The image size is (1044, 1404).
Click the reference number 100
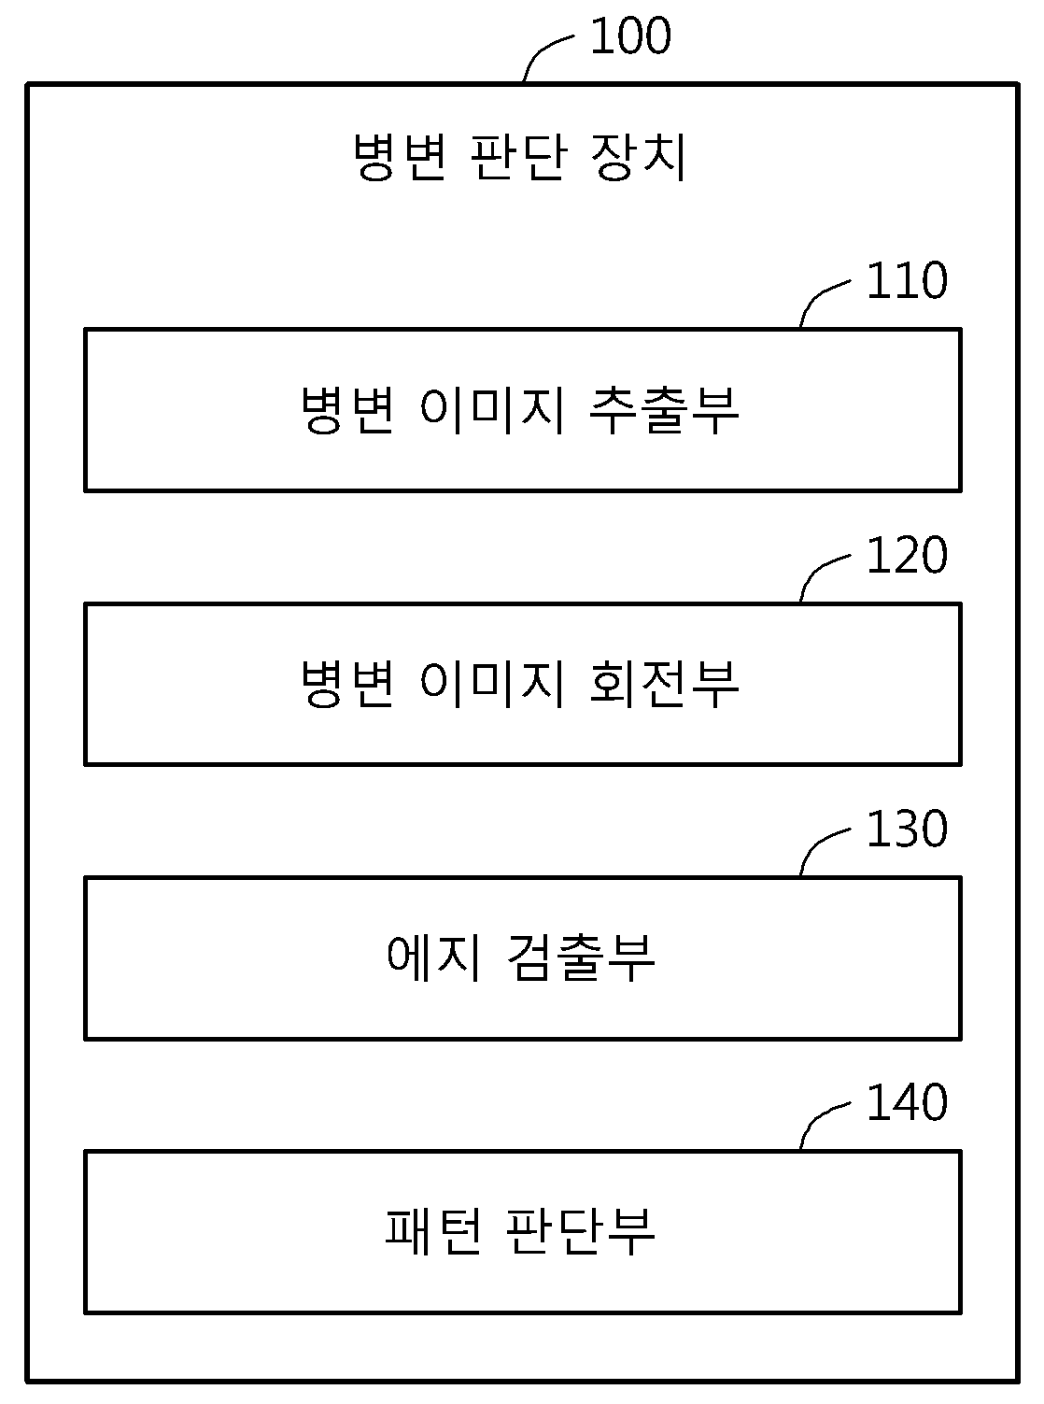tap(630, 35)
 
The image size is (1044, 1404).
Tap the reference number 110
tap(907, 280)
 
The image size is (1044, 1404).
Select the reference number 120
tap(907, 555)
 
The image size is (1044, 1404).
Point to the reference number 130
tap(907, 829)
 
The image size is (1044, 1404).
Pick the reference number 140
tap(907, 1102)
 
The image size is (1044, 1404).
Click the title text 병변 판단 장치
tap(520, 156)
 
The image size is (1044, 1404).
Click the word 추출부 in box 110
tap(664, 410)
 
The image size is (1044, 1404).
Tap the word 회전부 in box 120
tap(664, 684)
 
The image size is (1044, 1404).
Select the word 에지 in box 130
tap(434, 957)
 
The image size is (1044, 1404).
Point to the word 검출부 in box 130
tap(581, 957)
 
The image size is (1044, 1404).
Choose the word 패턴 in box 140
tap(434, 1231)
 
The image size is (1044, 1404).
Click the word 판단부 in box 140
tap(581, 1231)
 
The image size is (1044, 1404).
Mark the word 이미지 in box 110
tap(492, 410)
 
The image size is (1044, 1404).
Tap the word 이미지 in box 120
tap(492, 684)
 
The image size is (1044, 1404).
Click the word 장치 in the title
tap(639, 156)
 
